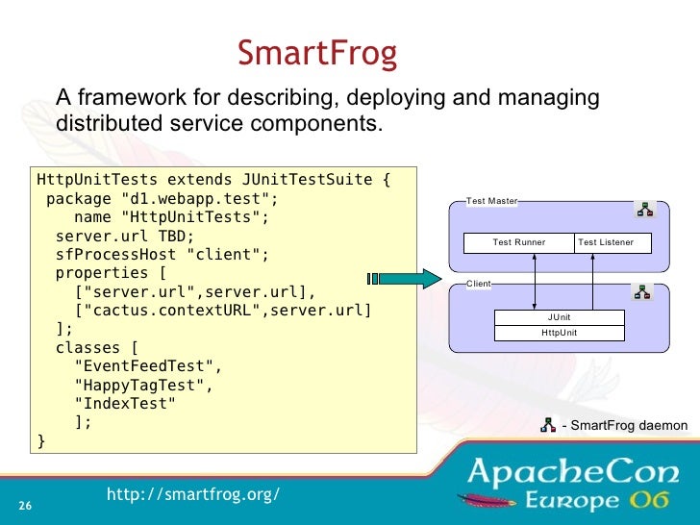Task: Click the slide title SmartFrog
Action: [x=317, y=54]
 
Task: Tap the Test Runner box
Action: [x=518, y=242]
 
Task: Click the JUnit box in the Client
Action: [x=559, y=317]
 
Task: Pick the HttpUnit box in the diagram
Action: [x=559, y=333]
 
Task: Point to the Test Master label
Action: [x=491, y=201]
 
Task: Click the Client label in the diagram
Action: [x=478, y=285]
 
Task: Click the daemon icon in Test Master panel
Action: [x=643, y=210]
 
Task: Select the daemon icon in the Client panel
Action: [x=643, y=291]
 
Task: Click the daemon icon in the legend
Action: [x=549, y=424]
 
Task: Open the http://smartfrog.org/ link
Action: [x=192, y=493]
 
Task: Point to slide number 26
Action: [x=25, y=507]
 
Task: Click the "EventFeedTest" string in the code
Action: [x=148, y=366]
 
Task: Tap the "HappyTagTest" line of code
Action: [x=143, y=385]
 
